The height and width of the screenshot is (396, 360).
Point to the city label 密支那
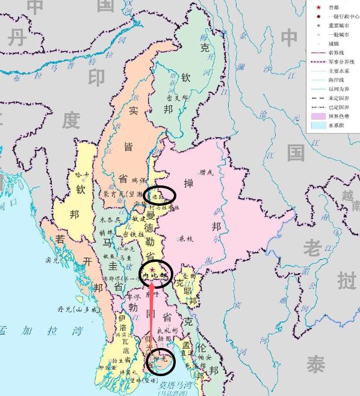178,96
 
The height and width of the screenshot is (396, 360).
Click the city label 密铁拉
134,234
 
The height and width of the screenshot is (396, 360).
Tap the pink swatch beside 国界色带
317,116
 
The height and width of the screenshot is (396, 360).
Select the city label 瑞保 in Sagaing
139,180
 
